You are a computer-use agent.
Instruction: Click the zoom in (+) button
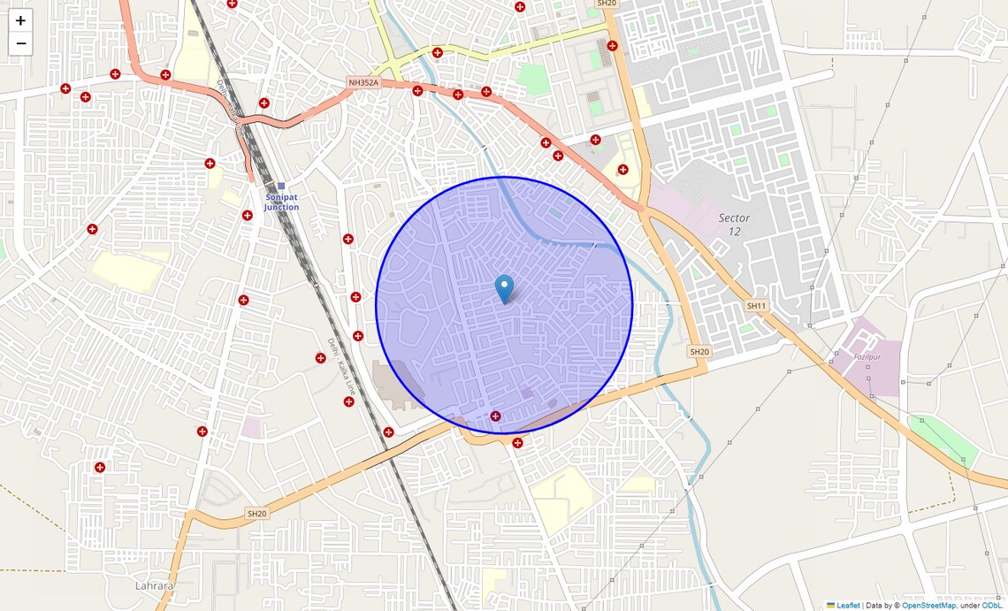point(20,20)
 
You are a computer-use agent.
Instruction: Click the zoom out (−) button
point(20,43)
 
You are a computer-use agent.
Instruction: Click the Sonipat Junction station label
point(281,202)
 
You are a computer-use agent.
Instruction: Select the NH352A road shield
point(363,83)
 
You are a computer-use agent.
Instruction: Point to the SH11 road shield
point(756,306)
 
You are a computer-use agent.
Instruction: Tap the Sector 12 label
point(734,225)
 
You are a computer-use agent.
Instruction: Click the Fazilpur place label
point(845,356)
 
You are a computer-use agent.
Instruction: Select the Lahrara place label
point(155,585)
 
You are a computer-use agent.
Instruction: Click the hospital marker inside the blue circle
point(495,416)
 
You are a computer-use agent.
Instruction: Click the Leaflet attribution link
point(847,606)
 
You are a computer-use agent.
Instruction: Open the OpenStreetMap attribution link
point(928,606)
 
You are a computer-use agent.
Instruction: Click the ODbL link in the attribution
point(992,606)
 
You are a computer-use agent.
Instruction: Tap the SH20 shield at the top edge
point(607,4)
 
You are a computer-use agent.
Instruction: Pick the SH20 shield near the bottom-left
point(256,513)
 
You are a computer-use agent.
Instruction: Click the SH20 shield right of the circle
point(699,352)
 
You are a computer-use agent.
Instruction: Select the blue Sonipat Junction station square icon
point(281,187)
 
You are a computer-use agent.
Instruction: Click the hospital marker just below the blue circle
point(517,443)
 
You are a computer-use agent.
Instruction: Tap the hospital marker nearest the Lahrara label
point(100,467)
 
